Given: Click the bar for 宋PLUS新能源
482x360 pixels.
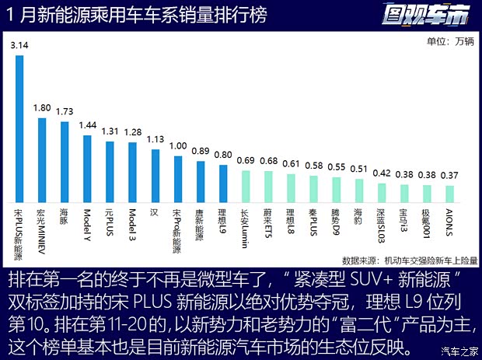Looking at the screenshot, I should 19,128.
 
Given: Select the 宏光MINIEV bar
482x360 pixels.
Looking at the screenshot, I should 42,160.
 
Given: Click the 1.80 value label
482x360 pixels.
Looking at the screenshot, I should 42,109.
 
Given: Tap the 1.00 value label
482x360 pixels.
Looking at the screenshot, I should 177,146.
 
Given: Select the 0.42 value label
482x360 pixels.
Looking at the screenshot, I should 382,174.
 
